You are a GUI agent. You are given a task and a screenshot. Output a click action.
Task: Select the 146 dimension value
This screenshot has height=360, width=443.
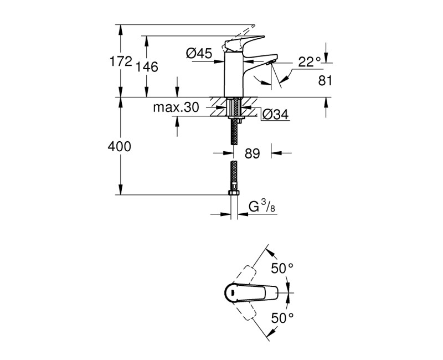[147, 67]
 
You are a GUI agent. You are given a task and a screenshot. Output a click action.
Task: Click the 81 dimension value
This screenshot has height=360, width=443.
[325, 81]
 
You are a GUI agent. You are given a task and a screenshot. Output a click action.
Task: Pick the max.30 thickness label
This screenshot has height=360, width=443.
[176, 107]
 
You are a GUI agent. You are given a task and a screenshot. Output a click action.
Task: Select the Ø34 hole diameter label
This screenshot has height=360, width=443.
[275, 115]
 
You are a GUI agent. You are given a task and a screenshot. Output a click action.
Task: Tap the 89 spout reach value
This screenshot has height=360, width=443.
[252, 154]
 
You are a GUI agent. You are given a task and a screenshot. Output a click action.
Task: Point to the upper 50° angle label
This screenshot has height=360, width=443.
[282, 268]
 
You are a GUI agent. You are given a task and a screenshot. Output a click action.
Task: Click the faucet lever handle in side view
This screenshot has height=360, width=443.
[244, 42]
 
